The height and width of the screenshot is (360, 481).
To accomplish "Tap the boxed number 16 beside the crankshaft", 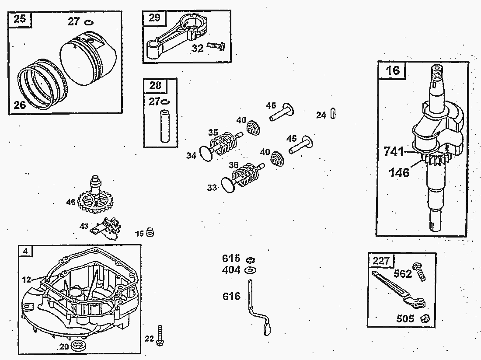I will pyautogui.click(x=393, y=70).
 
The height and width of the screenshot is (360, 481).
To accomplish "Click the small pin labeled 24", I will pyautogui.click(x=334, y=113).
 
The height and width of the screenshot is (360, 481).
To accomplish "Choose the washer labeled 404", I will pyautogui.click(x=251, y=269).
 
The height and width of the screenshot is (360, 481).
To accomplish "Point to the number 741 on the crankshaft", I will pyautogui.click(x=394, y=152).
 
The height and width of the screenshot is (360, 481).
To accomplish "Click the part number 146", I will pyautogui.click(x=399, y=172).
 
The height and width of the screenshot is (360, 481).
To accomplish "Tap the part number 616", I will pyautogui.click(x=231, y=297).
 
